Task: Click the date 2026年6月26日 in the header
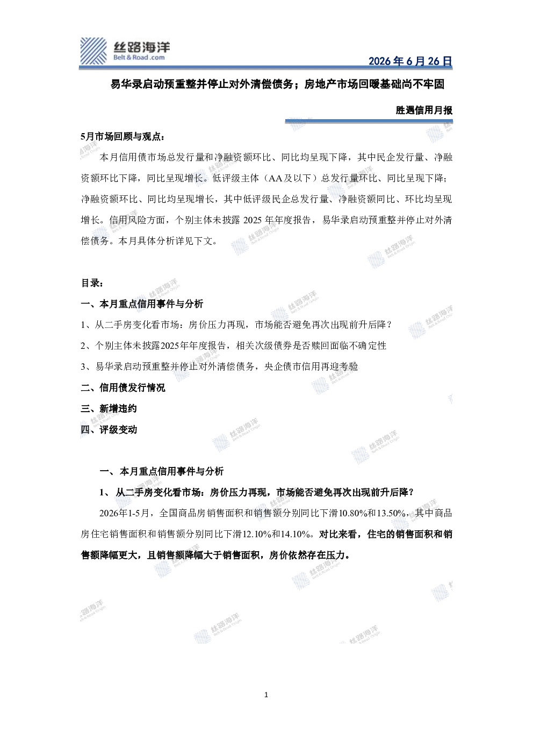click(410, 61)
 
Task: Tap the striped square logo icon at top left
click(93, 51)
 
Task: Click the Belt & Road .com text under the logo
click(139, 57)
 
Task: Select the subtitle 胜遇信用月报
click(424, 110)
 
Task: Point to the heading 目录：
click(92, 283)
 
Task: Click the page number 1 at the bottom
click(266, 695)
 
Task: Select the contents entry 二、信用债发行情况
click(123, 388)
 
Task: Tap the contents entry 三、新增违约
click(109, 408)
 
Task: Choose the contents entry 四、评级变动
click(109, 429)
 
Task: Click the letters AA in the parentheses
click(275, 179)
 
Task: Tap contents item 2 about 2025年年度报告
click(234, 346)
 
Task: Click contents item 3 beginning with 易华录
click(219, 367)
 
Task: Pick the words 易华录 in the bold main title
click(126, 84)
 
